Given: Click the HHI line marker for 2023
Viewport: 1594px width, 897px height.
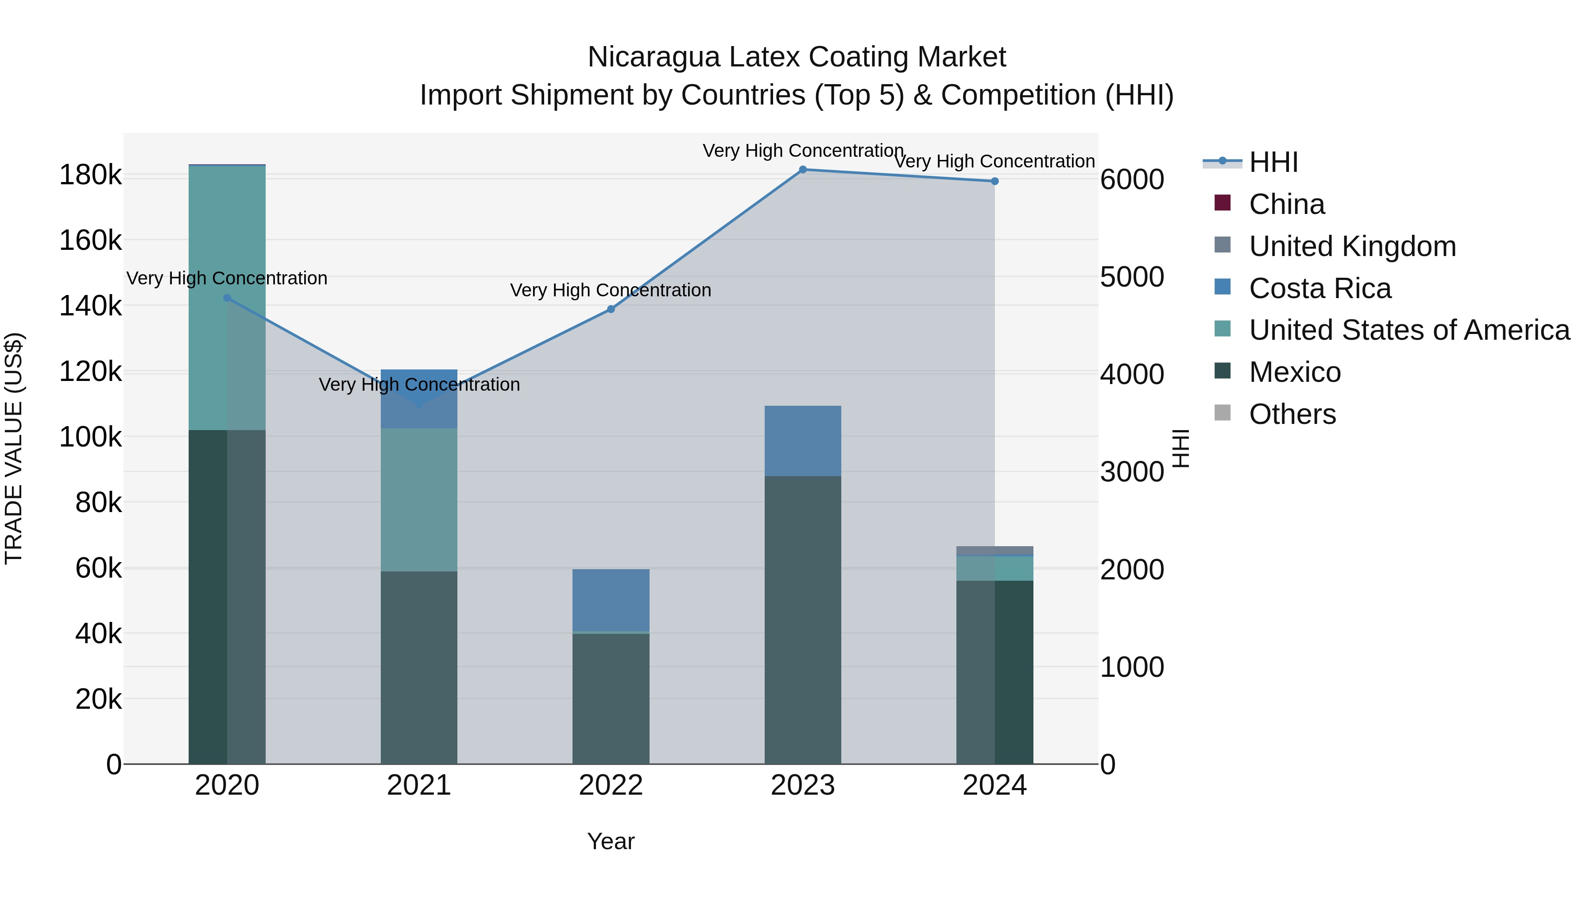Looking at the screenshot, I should coord(803,170).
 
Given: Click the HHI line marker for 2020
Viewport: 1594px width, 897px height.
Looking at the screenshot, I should coord(227,298).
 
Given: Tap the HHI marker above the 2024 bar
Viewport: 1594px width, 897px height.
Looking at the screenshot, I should coord(994,181).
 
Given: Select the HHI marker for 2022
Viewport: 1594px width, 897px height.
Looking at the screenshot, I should coord(611,309).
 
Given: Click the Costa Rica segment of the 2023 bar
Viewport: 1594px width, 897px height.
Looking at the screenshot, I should coord(803,441).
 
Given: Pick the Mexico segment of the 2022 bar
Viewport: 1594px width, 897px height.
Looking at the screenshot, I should coord(611,698).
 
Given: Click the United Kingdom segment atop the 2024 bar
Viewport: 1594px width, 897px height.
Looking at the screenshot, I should coord(994,551).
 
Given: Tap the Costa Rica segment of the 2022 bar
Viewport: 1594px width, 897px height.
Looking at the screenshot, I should coord(611,599).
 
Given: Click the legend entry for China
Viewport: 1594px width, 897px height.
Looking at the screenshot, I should coord(1286,204).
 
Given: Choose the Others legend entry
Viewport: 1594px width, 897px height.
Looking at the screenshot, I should coord(1292,414).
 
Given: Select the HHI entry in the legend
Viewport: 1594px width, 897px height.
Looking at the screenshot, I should coord(1273,162).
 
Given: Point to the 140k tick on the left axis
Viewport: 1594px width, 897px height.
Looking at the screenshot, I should coord(90,306).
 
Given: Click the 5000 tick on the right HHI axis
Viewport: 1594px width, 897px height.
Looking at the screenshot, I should coord(1132,277).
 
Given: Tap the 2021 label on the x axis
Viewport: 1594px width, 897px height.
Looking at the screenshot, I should coord(419,785).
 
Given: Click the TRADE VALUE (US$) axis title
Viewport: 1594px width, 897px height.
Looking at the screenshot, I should coord(14,448).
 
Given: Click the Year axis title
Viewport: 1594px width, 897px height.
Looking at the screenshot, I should coord(611,841).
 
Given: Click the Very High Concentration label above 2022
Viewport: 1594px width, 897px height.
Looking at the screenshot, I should coord(611,290).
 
